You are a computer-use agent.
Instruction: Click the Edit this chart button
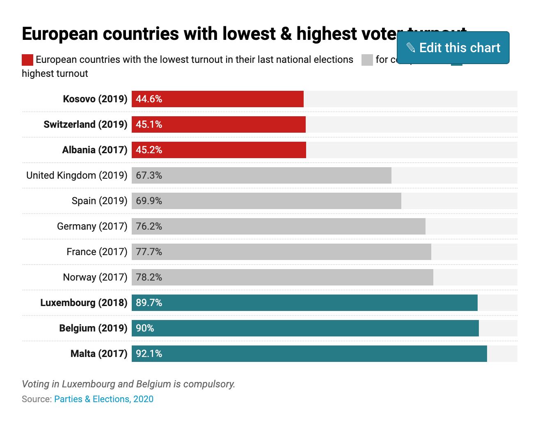(x=453, y=48)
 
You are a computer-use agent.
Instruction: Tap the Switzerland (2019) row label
(x=85, y=124)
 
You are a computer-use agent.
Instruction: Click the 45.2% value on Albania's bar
(x=149, y=150)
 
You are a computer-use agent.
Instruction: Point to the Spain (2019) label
(x=99, y=201)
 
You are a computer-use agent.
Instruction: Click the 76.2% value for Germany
(x=149, y=226)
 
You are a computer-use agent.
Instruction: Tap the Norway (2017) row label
(x=95, y=277)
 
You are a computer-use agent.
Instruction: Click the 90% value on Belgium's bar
(x=145, y=328)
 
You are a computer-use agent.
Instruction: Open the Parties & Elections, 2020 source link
(x=104, y=399)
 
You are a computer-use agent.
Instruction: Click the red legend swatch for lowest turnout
(x=27, y=60)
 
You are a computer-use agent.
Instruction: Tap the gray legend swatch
(x=367, y=60)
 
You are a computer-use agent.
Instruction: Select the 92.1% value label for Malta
(x=149, y=354)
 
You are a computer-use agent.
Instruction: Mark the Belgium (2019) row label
(x=93, y=328)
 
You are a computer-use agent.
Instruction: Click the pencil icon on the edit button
(x=411, y=48)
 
